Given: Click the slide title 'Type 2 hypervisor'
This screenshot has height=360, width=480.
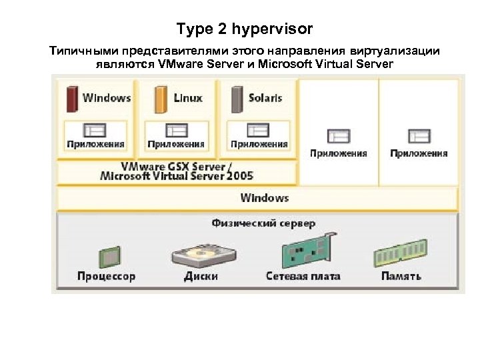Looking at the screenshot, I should (244, 29).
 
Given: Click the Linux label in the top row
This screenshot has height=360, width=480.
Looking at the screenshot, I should (187, 98).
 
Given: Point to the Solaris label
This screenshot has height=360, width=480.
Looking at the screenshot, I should (265, 98).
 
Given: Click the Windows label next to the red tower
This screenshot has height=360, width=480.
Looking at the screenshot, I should (107, 98).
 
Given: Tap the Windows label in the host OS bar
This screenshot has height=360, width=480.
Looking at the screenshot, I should (265, 198).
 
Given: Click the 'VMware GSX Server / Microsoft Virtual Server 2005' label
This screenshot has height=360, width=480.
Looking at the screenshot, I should (177, 171).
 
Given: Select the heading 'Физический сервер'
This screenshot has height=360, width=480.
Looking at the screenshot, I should (263, 223).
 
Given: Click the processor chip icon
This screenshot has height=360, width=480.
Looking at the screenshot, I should (106, 255).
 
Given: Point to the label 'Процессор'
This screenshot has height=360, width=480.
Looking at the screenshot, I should (106, 276).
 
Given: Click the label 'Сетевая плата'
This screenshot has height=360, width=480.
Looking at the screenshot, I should (303, 276).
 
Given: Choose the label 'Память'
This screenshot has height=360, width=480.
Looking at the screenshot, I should (401, 276).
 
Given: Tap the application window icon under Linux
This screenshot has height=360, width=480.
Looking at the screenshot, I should (176, 130).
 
